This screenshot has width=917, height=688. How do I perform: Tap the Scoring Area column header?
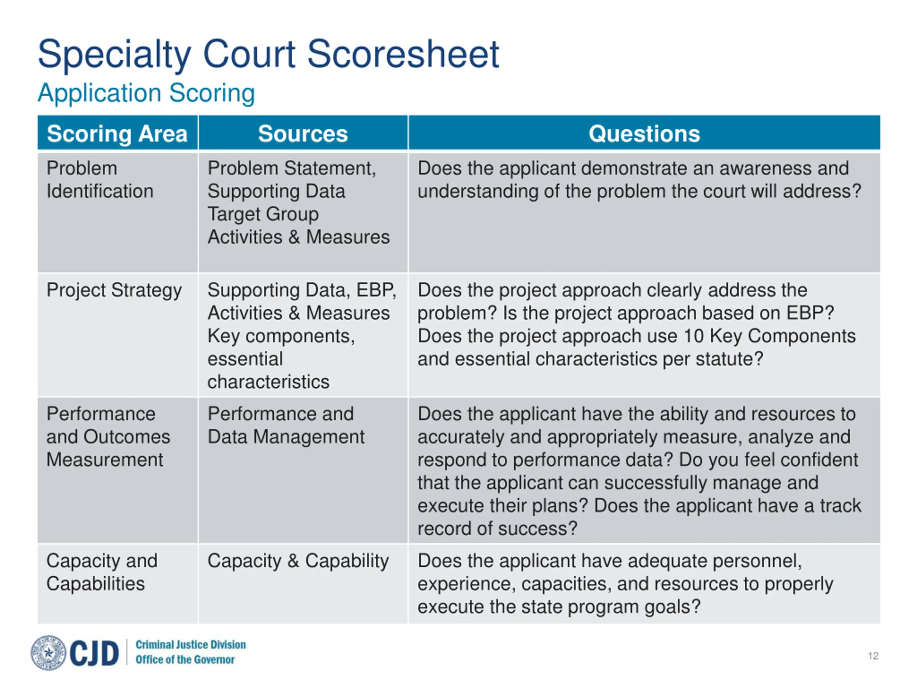117,134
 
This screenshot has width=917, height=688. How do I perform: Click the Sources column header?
303,134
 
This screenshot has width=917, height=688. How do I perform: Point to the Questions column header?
644,134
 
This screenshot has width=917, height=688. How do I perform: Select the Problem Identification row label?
100,180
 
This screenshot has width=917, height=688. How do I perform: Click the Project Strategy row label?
114,290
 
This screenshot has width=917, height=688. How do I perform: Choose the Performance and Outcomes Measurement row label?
108,437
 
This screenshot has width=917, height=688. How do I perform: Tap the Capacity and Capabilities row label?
102,572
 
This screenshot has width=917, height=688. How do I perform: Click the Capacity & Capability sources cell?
298,561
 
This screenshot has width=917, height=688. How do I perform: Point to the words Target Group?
263,214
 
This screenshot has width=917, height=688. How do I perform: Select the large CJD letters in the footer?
94,653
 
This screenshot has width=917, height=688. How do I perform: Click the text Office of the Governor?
185,659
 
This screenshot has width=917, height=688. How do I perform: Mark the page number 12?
873,656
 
